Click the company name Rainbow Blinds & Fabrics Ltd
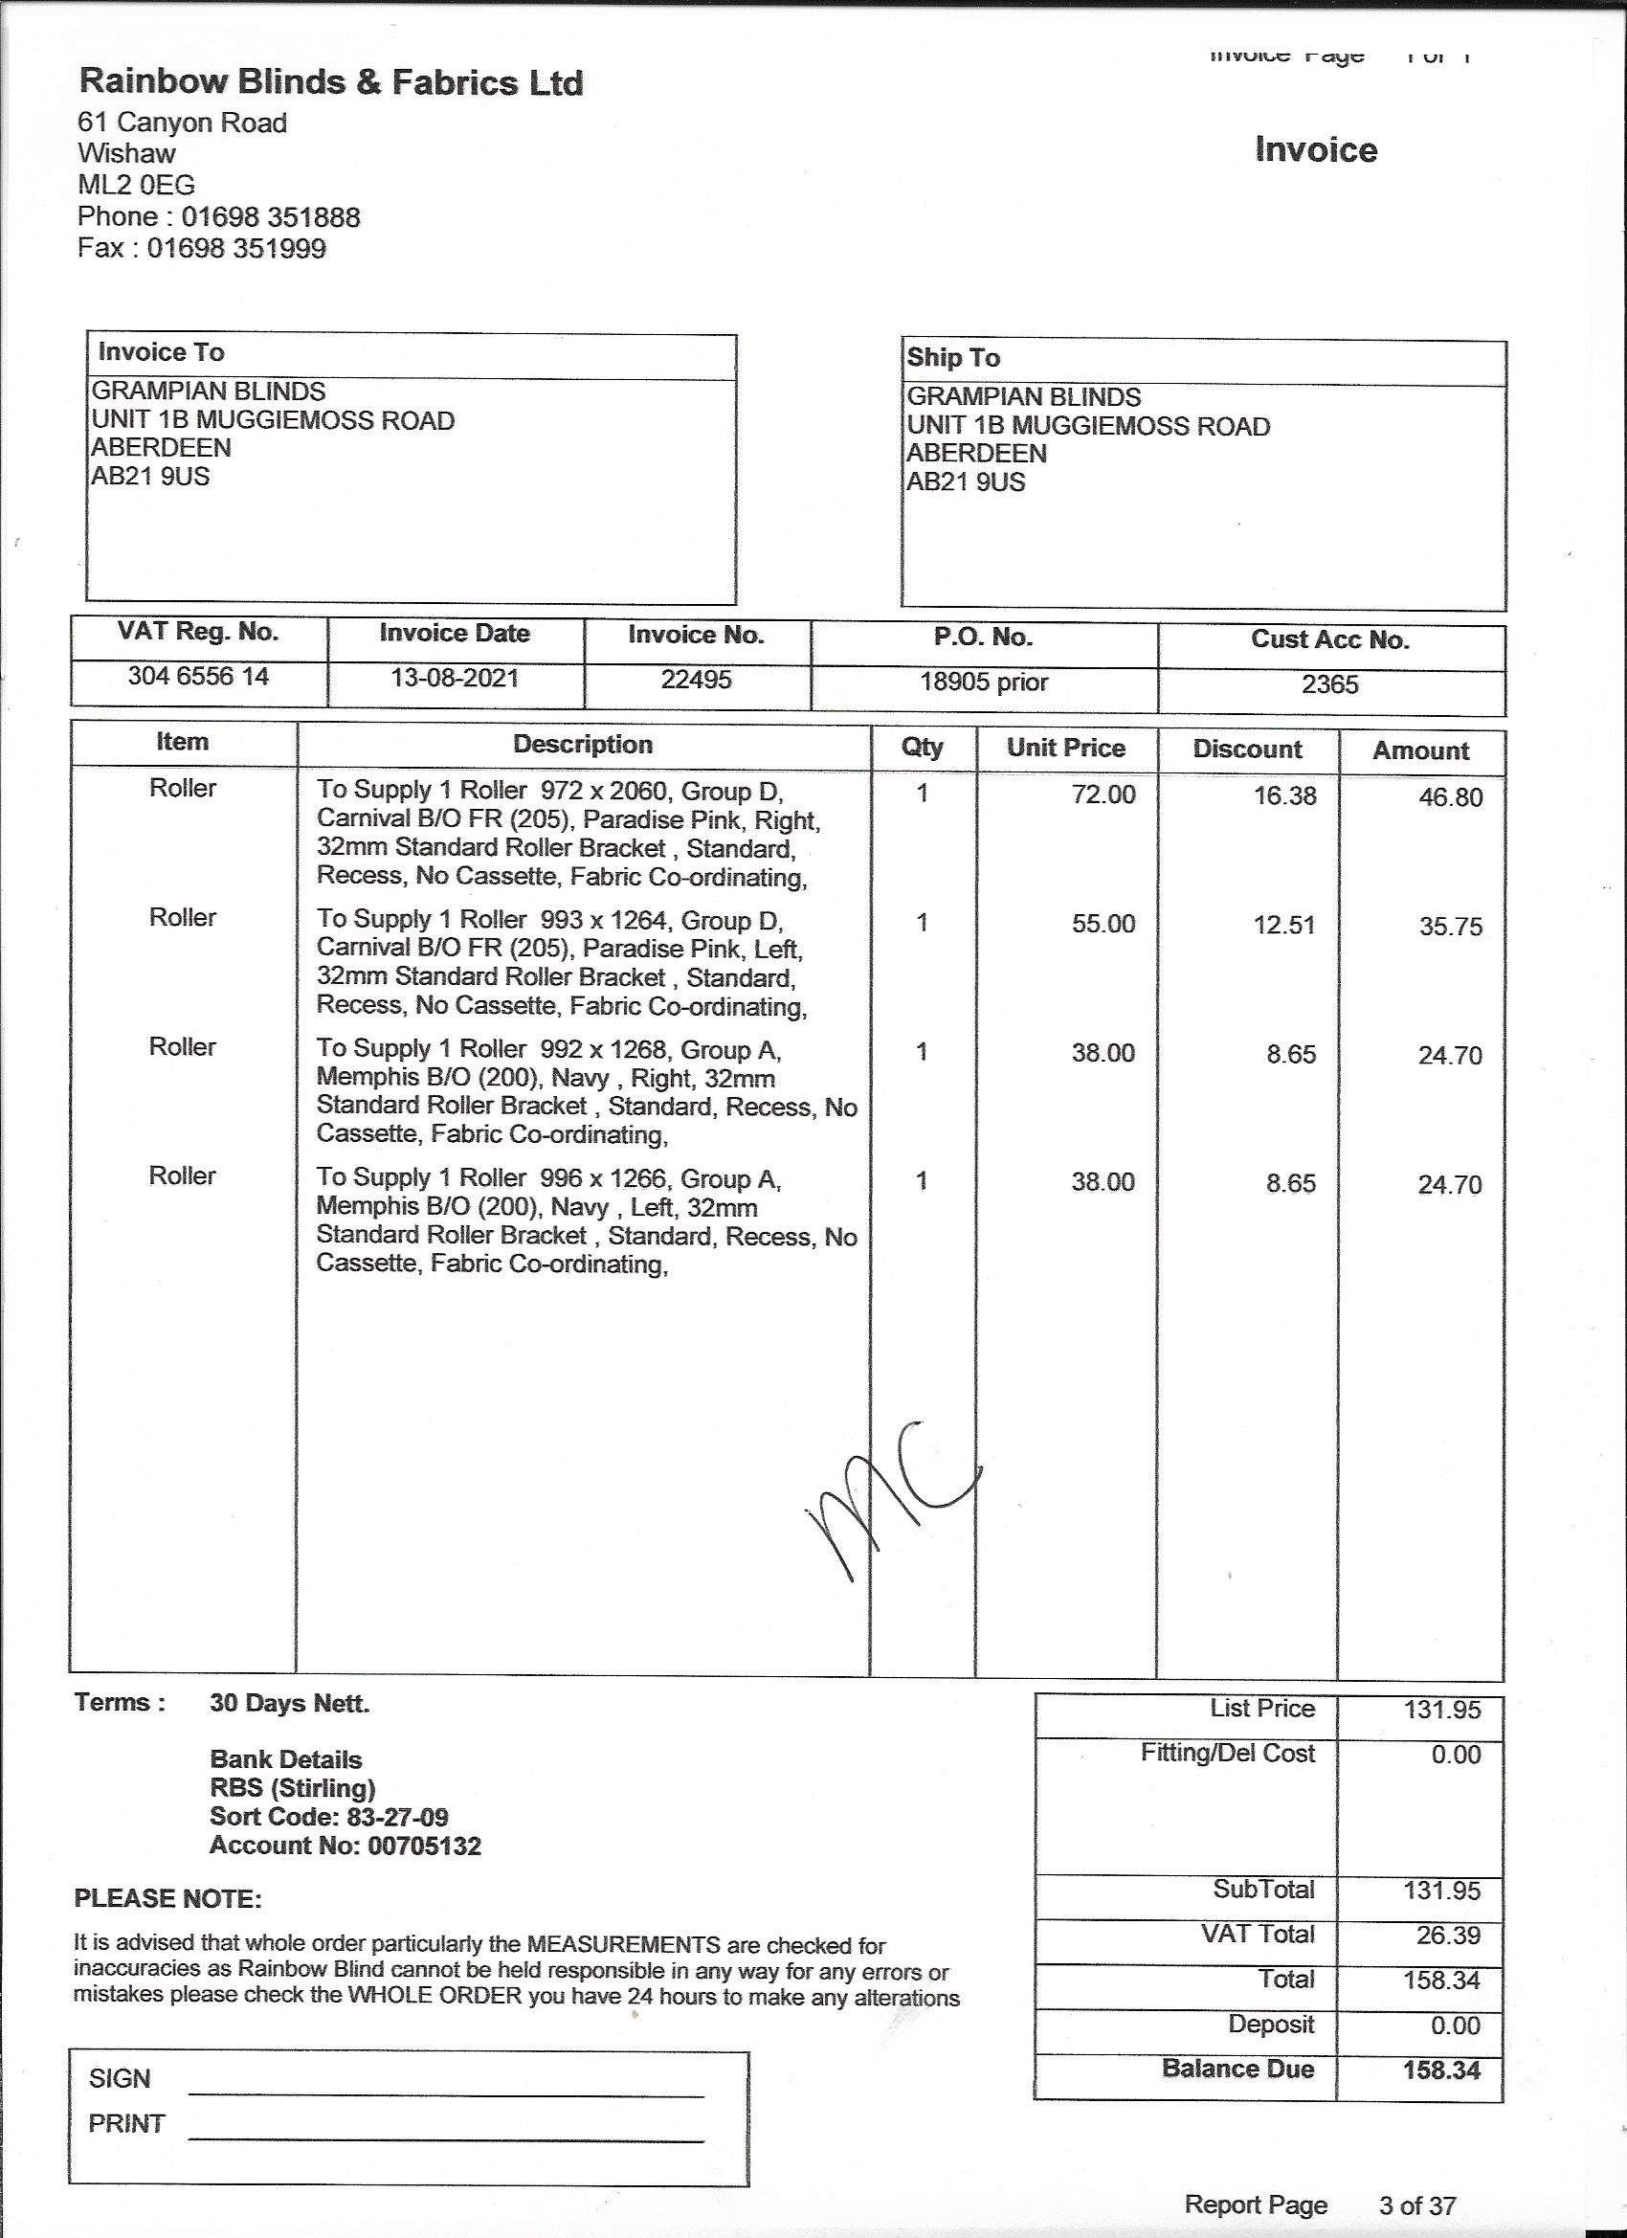[x=330, y=82]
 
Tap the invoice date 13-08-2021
[x=454, y=678]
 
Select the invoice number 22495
[x=696, y=680]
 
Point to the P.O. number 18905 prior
[x=983, y=682]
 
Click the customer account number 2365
[x=1329, y=684]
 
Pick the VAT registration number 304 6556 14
[x=198, y=676]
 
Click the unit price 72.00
[x=1103, y=794]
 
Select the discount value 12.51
[x=1283, y=925]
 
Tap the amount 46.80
[x=1449, y=797]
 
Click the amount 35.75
[x=1449, y=927]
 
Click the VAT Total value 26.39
[x=1447, y=1936]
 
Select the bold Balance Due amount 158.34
[x=1441, y=2070]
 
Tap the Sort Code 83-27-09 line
[x=328, y=1817]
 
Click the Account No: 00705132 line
[x=345, y=1846]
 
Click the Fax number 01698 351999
[x=235, y=248]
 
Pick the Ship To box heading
[x=953, y=357]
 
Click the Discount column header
[x=1246, y=749]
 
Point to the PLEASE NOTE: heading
[x=167, y=1899]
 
